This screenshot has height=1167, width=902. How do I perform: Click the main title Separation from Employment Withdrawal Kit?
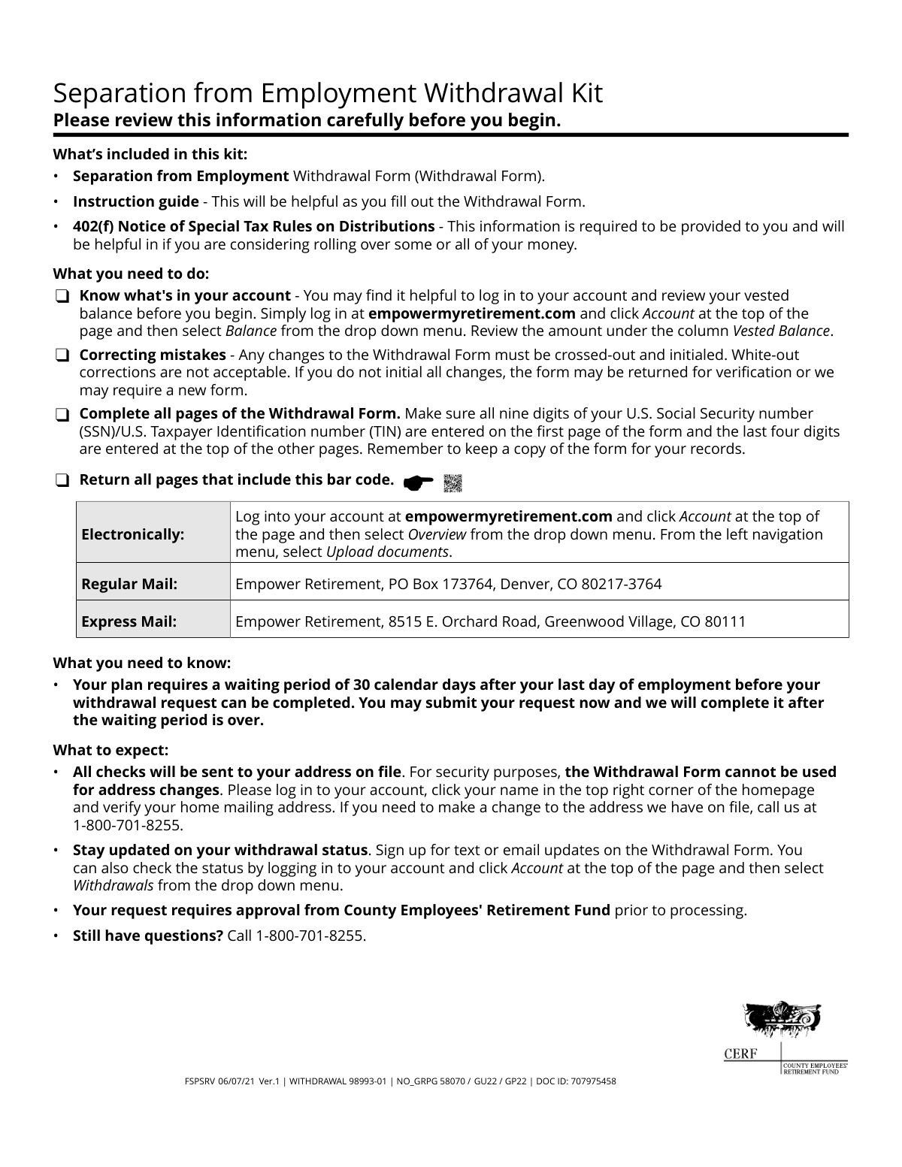coord(328,93)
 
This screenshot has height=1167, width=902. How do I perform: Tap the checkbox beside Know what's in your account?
coord(62,297)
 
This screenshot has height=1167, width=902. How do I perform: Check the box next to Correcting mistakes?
coord(62,355)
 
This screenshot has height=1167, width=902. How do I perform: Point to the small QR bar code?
coord(453,483)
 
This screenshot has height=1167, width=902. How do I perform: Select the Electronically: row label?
coord(133,534)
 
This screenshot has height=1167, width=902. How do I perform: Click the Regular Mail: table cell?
coord(129,584)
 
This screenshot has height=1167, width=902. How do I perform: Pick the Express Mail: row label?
coord(129,621)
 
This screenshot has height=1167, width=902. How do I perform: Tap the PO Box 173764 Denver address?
coord(449,584)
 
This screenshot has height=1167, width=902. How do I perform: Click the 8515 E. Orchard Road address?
coord(491,621)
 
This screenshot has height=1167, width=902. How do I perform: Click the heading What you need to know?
coord(142,663)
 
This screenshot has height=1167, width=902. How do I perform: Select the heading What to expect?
coord(111,750)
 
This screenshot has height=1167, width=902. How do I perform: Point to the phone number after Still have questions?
coord(296,936)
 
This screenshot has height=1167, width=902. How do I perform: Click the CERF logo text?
coord(740,1054)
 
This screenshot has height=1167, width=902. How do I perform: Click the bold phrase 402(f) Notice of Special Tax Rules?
coord(253,226)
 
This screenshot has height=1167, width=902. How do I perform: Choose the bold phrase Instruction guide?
coord(135,201)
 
